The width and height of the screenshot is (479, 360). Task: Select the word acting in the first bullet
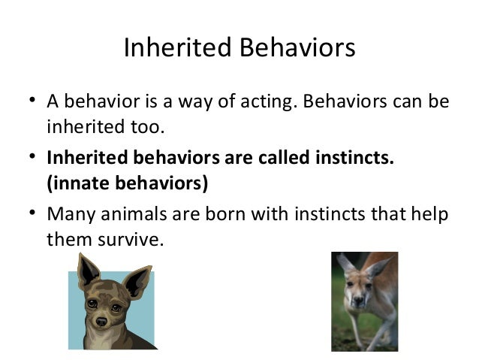[x=264, y=101]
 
